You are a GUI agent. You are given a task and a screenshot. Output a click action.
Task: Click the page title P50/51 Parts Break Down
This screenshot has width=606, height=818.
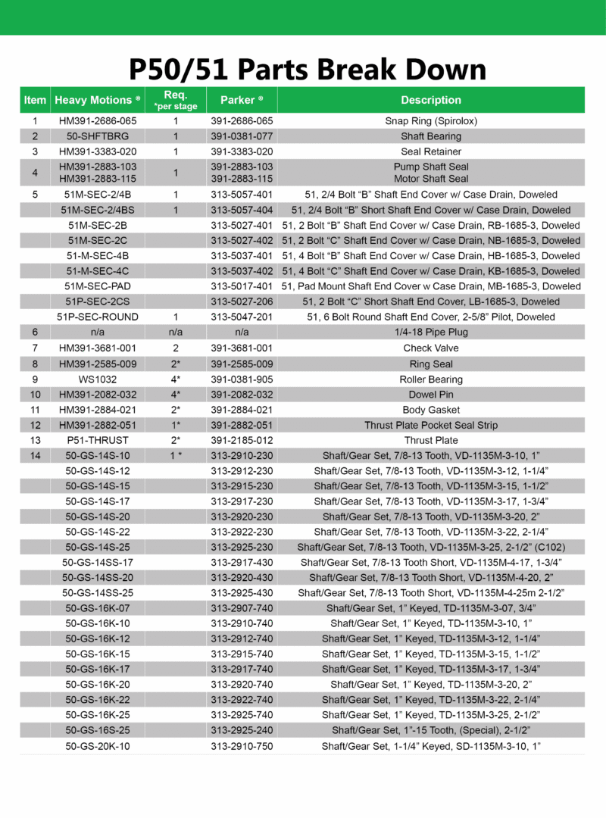pos(307,69)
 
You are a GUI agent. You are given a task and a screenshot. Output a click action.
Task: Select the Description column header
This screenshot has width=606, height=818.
pos(430,100)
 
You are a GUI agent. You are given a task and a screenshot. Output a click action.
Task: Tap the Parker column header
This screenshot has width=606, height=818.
pos(242,100)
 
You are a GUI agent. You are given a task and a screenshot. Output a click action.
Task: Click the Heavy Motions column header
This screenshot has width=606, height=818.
pos(98,100)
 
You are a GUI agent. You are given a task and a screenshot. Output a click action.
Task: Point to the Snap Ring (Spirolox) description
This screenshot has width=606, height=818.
pos(430,121)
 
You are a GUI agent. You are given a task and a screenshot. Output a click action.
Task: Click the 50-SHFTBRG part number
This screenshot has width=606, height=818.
pos(98,136)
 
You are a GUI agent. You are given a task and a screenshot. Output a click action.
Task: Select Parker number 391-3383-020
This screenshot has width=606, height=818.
pos(242,151)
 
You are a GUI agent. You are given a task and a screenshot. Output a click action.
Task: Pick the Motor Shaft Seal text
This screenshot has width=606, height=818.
pos(430,180)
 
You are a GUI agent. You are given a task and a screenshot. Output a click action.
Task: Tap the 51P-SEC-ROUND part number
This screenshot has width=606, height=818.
pos(98,317)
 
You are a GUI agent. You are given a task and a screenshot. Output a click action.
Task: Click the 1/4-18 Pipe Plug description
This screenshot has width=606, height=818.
pos(430,332)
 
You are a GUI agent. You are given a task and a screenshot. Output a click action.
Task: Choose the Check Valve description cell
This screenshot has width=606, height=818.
pos(430,348)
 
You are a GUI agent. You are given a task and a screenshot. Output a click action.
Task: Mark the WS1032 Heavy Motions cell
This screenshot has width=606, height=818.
pos(98,379)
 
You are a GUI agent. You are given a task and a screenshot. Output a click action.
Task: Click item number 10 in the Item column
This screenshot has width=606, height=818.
pos(35,395)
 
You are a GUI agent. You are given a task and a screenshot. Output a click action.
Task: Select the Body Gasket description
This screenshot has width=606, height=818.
pos(430,410)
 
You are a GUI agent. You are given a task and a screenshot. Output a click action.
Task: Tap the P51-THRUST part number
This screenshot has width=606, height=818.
pos(98,440)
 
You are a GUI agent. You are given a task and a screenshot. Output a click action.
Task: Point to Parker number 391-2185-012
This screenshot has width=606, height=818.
pos(242,440)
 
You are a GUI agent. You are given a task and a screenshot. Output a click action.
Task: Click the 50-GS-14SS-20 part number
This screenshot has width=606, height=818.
pos(98,577)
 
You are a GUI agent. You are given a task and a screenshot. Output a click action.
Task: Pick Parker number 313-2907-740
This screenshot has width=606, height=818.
pos(242,607)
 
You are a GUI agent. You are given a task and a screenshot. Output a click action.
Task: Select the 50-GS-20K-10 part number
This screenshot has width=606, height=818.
pos(98,746)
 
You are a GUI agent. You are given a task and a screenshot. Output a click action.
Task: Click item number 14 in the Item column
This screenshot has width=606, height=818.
pos(35,455)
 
